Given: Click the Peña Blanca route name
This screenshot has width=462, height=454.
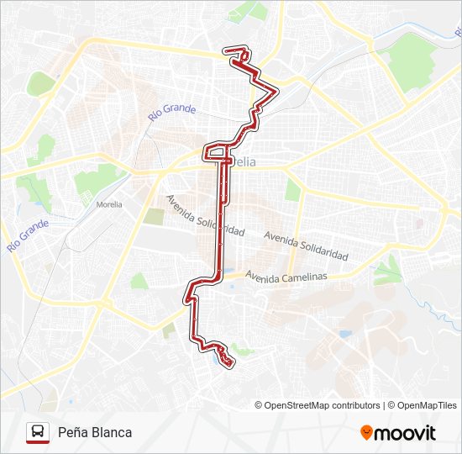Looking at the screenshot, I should tap(95, 432).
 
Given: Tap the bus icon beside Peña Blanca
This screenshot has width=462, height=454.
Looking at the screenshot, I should tap(37, 432).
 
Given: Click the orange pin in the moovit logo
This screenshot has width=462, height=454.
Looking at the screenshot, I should tap(366, 432).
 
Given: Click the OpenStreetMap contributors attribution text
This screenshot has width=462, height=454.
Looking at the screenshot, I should tap(318, 405).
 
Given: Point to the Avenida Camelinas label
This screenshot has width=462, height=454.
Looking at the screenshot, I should tap(285, 277).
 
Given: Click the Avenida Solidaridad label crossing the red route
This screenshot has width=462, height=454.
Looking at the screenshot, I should tap(205, 215).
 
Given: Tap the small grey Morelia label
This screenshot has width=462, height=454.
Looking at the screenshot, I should tap(109, 204).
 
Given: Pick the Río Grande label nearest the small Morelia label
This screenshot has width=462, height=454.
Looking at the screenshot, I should tap(28, 235).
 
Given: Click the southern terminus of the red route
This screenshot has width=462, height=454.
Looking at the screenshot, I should tap(227, 362).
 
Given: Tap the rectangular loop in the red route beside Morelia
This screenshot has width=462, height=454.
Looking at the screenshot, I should tap(217, 152).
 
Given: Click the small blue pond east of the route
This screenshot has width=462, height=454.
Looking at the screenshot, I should tap(345, 334).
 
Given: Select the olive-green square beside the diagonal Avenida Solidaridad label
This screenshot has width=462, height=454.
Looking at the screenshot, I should tap(154, 216).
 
